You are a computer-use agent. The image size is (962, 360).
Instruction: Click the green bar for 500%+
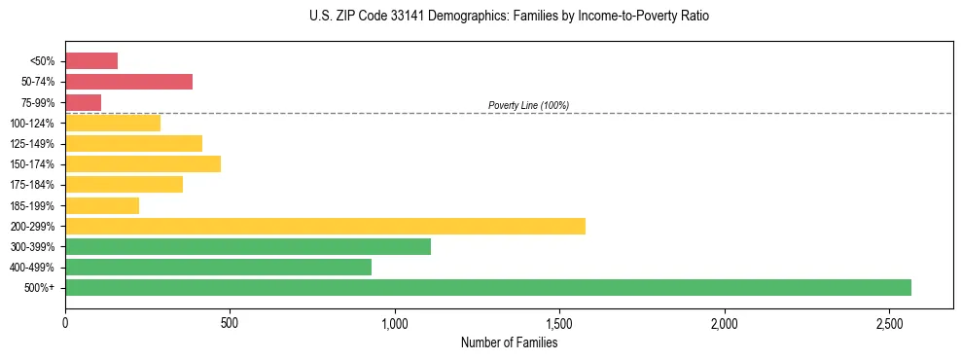tap(487, 288)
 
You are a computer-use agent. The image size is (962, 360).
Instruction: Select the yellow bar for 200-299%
tap(325, 226)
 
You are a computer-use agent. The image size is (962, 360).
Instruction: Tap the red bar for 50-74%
tap(128, 82)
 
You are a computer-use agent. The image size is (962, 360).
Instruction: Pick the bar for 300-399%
tap(248, 247)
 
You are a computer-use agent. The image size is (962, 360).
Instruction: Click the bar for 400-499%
tap(218, 268)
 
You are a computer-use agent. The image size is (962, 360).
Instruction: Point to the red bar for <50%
tap(91, 61)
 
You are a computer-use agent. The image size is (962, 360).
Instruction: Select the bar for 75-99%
tap(83, 102)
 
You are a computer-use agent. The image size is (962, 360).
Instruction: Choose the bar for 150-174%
tap(143, 164)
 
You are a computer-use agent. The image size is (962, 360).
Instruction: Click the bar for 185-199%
tap(102, 205)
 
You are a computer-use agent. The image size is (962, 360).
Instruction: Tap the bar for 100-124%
tap(113, 124)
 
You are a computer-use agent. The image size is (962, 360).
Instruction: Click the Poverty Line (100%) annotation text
tap(528, 105)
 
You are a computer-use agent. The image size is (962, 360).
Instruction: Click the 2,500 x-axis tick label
tap(889, 323)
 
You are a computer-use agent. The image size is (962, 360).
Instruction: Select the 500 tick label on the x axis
tap(230, 323)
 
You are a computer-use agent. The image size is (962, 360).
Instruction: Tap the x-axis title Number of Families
tap(509, 342)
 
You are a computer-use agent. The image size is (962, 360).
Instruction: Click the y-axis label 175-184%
tap(32, 185)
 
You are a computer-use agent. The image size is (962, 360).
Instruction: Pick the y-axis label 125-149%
tap(32, 144)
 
